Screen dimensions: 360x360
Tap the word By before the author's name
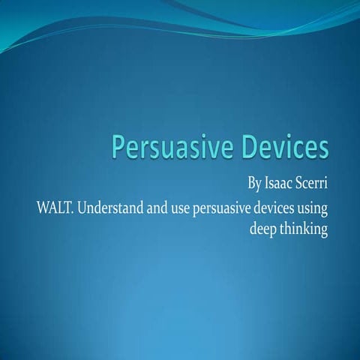(x=255, y=182)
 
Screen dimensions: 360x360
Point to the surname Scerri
(x=313, y=182)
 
